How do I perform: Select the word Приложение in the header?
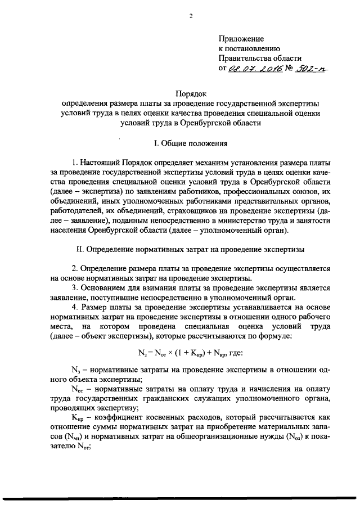(241, 39)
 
